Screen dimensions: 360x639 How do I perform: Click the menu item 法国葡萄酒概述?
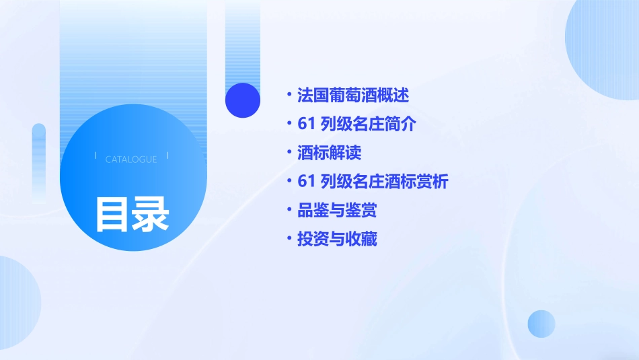[x=352, y=95]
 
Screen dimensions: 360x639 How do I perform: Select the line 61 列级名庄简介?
[x=356, y=124]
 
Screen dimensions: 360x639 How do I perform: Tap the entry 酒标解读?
[x=329, y=153]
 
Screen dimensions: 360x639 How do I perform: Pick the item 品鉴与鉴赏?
[x=337, y=211]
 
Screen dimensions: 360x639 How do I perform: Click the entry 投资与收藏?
[x=337, y=239]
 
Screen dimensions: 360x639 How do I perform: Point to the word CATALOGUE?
[x=131, y=159]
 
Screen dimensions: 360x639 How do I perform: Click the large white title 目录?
[x=131, y=214]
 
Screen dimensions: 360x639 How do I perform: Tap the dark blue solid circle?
[x=243, y=100]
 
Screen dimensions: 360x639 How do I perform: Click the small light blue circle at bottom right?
[x=541, y=324]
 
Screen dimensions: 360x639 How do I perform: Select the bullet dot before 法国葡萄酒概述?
[x=289, y=95]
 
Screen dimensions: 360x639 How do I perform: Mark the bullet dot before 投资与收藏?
[x=289, y=239]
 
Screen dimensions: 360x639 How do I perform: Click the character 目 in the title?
[x=111, y=214]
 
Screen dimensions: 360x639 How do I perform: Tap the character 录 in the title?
[x=151, y=214]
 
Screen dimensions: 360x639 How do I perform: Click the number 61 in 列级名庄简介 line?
[x=306, y=124]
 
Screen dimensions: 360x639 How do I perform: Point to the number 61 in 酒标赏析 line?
[x=306, y=182]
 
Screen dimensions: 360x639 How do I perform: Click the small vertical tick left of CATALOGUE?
[x=96, y=155]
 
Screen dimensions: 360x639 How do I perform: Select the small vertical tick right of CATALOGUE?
[x=167, y=155]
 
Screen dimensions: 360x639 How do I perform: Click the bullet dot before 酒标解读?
[x=289, y=153]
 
